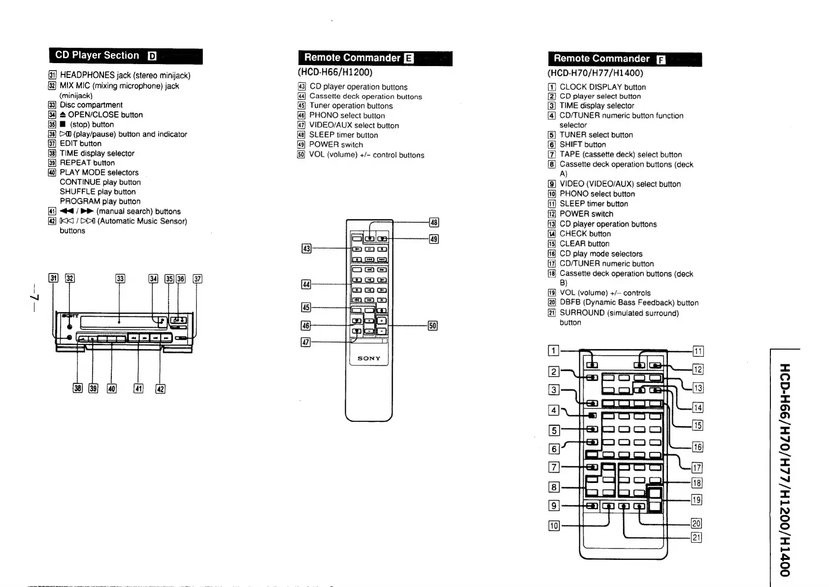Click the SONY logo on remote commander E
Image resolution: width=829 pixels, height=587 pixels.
pyautogui.click(x=369, y=358)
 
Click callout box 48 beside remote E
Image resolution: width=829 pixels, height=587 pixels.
pyautogui.click(x=433, y=222)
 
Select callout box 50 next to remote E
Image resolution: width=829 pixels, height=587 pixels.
pyautogui.click(x=432, y=325)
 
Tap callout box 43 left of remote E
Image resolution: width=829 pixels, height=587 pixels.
pyautogui.click(x=306, y=248)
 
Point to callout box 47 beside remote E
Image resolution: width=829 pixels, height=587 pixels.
pyautogui.click(x=305, y=342)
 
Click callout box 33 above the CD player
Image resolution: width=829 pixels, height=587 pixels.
pyautogui.click(x=120, y=278)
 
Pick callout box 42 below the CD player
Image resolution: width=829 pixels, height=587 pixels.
pyautogui.click(x=160, y=388)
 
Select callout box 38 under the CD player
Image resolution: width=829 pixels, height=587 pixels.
pyautogui.click(x=77, y=388)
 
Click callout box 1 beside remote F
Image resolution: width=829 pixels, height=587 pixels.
pyautogui.click(x=554, y=351)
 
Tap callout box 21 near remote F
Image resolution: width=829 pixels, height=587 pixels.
pyautogui.click(x=696, y=537)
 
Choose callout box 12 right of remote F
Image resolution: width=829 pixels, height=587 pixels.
pyautogui.click(x=698, y=369)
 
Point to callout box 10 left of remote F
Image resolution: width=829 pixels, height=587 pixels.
pyautogui.click(x=554, y=525)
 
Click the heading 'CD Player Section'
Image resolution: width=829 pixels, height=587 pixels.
pyautogui.click(x=98, y=55)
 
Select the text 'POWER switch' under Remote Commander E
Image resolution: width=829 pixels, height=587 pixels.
pyautogui.click(x=336, y=144)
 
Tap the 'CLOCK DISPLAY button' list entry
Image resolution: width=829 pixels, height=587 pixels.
pyautogui.click(x=602, y=87)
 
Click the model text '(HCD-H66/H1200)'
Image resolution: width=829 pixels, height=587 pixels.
pyautogui.click(x=335, y=72)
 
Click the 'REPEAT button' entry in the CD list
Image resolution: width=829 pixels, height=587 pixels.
pyautogui.click(x=87, y=163)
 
